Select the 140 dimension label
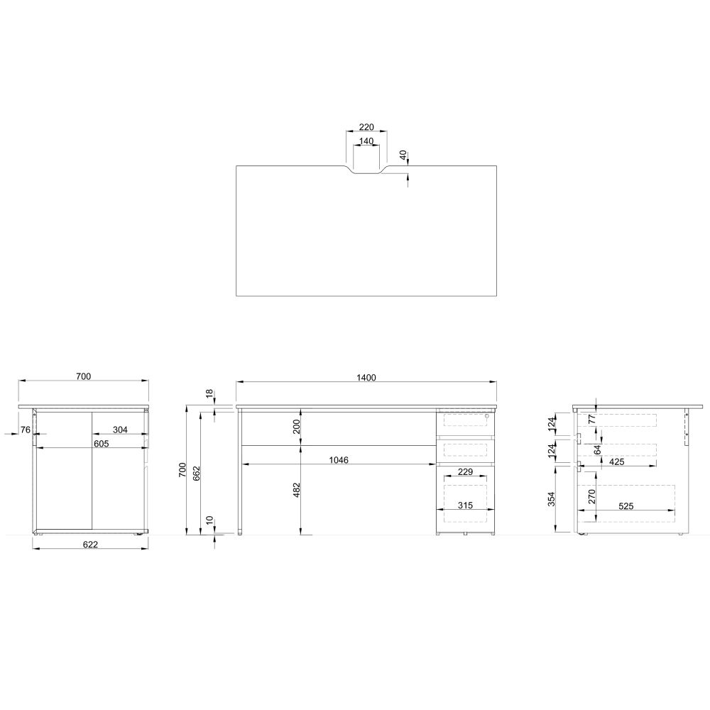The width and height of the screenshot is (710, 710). coord(366,141)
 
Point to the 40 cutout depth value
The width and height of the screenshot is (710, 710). coord(403,155)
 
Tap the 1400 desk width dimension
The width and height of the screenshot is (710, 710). coord(366,378)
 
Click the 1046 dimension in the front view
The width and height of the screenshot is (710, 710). coord(339,460)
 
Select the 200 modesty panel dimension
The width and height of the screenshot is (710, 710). coord(297,427)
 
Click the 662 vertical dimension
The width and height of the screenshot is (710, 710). coord(197,473)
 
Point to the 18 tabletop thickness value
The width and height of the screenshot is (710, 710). coord(209,393)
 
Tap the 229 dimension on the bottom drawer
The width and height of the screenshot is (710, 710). coord(466,472)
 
